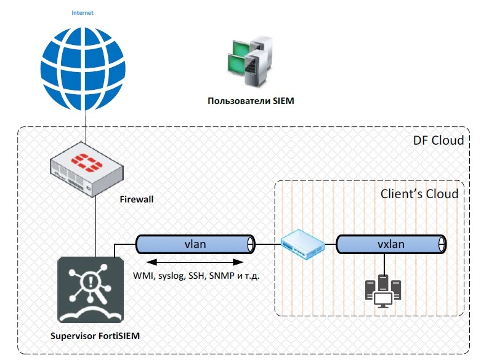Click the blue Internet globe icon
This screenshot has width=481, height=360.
click(83, 66)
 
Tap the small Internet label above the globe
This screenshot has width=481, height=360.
click(83, 13)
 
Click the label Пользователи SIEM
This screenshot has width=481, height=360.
click(251, 102)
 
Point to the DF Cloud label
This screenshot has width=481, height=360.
click(438, 141)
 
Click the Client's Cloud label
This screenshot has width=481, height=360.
click(419, 194)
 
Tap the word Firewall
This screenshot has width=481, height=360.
click(136, 199)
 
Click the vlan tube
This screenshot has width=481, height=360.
click(195, 244)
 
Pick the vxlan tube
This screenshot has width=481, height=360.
click(390, 244)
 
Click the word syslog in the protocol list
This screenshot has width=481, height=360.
click(172, 276)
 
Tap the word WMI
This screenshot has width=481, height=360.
click(144, 276)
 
